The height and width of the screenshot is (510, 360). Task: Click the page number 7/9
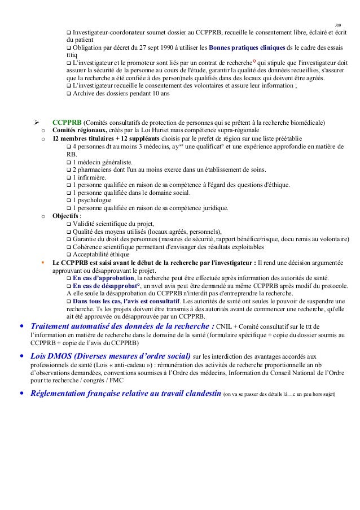click(x=339, y=25)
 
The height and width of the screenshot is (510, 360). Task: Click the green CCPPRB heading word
click(x=67, y=123)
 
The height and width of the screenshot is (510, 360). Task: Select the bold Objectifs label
click(x=65, y=216)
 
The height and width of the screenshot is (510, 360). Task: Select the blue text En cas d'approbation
click(x=104, y=278)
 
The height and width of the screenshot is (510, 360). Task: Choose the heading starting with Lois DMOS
click(x=109, y=357)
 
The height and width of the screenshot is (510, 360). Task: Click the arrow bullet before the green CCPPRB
click(x=36, y=123)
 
